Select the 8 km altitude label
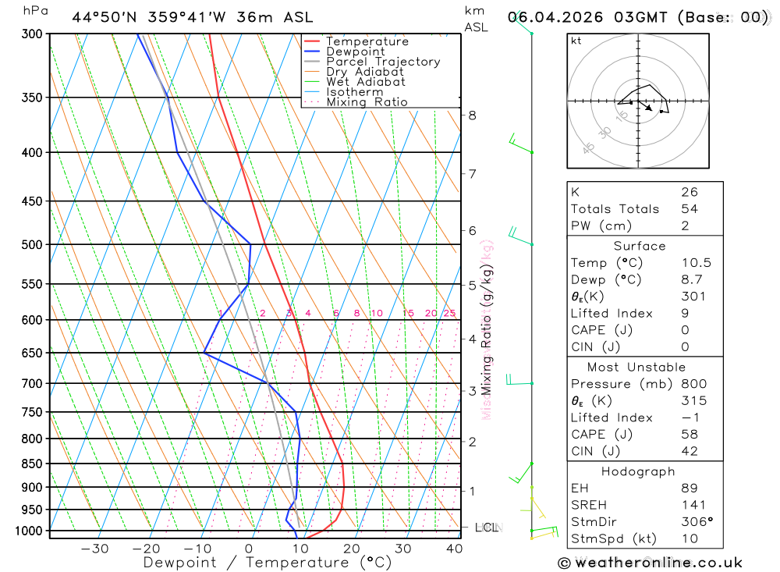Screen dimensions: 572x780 [x=472, y=115]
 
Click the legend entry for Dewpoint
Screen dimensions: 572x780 [x=355, y=52]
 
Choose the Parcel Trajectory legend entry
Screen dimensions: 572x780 [x=383, y=62]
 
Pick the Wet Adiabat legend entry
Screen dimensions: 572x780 [x=366, y=82]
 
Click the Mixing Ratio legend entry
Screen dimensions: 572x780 [x=367, y=102]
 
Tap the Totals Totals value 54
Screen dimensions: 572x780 [x=689, y=209]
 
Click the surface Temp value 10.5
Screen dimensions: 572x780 [x=696, y=263]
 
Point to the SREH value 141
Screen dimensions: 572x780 [x=691, y=506]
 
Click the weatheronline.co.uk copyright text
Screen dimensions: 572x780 [x=651, y=563]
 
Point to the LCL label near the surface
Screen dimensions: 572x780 [x=487, y=528]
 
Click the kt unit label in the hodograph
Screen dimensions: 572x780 [x=576, y=41]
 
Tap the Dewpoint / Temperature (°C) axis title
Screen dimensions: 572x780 [x=268, y=562]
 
